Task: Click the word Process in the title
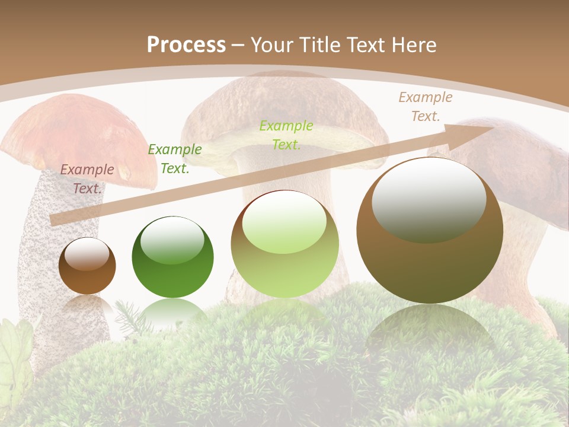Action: coord(186,44)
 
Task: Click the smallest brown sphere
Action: coord(87,266)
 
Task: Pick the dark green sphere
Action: coord(172,257)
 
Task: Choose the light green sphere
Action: coord(284,244)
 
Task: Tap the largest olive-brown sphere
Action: coord(429,231)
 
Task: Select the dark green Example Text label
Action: coord(174,159)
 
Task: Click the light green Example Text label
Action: coord(286,135)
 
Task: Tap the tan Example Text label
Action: coord(425,107)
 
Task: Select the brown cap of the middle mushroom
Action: coord(279,107)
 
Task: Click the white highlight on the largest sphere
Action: coord(429,199)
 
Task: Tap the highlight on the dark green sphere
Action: coord(172,240)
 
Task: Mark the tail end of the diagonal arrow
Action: coord(55,219)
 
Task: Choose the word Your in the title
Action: coord(271,44)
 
